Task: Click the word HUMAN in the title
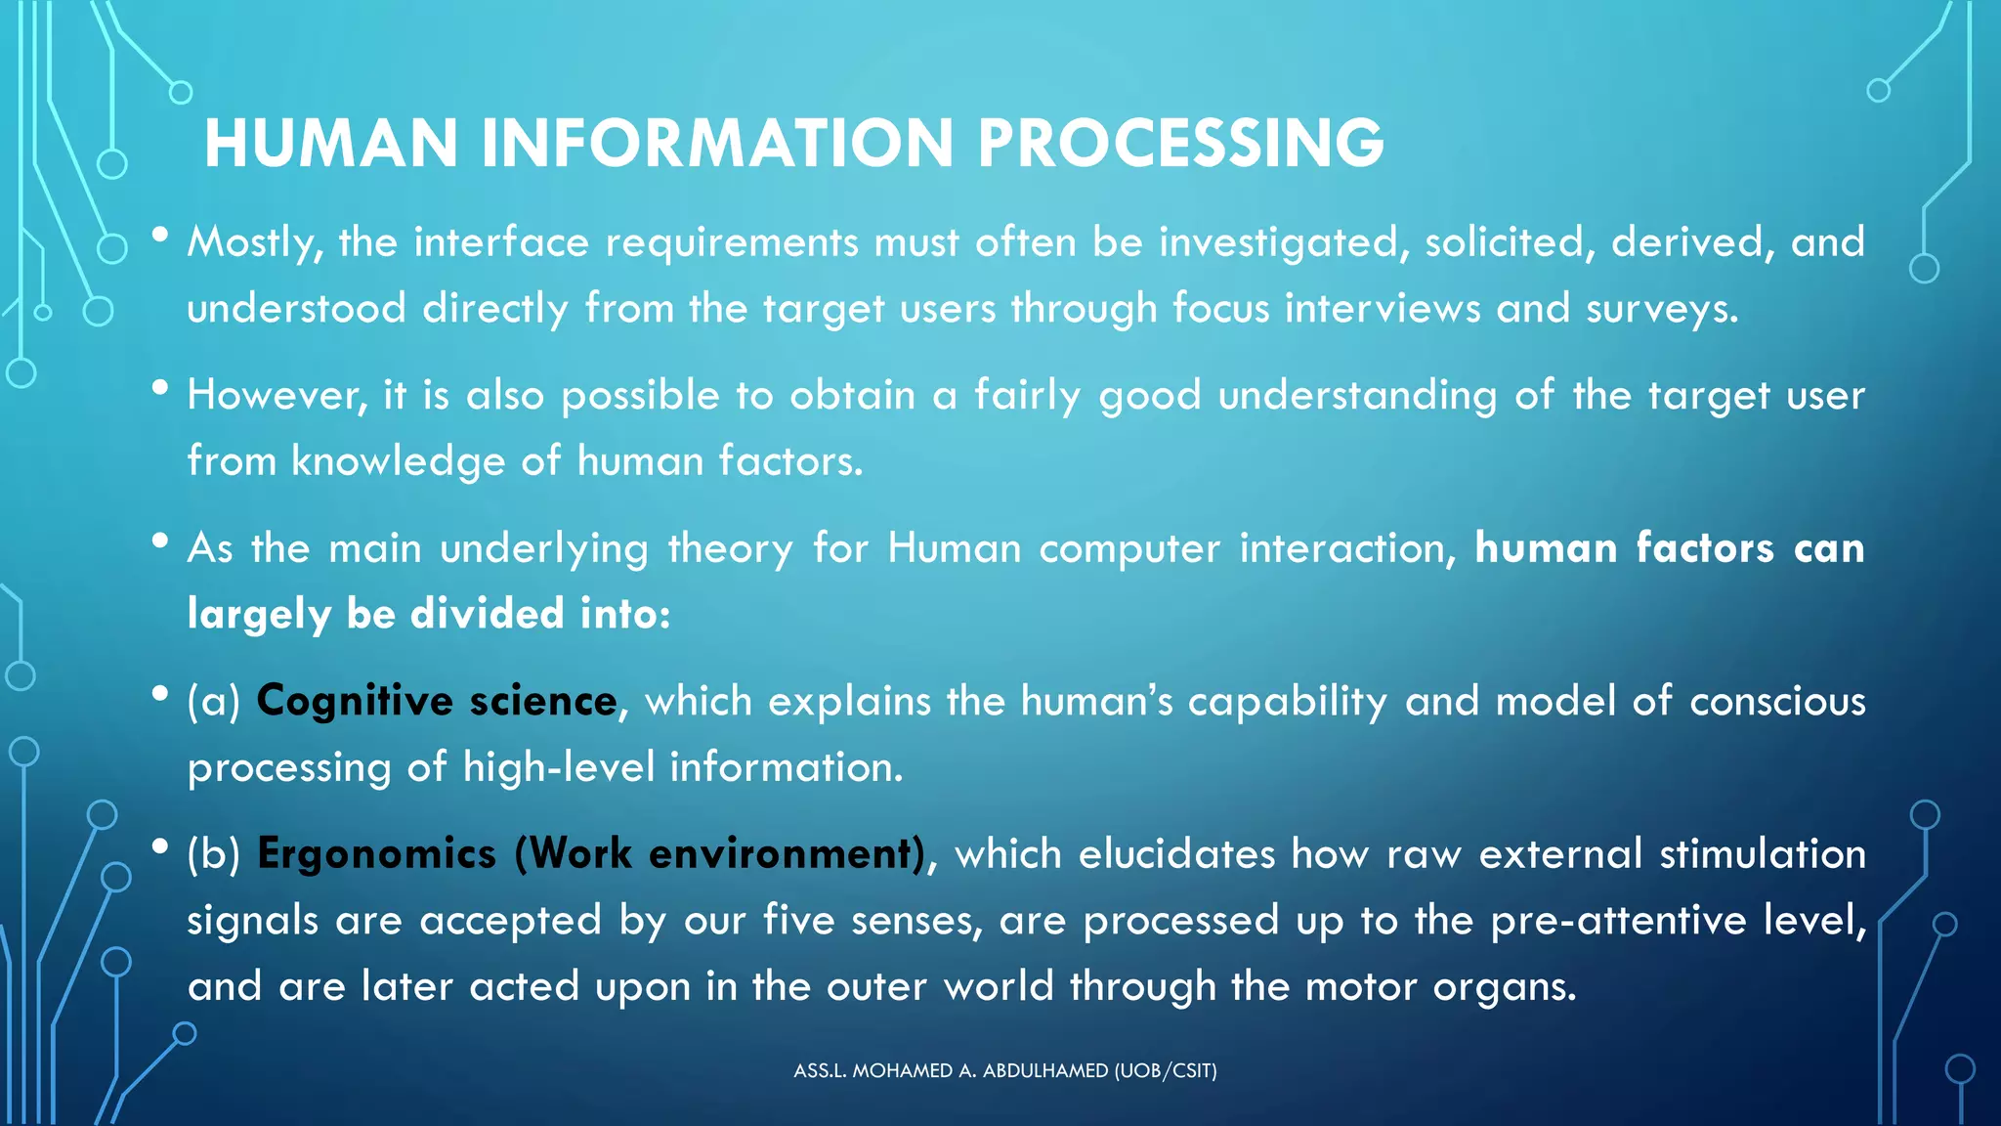point(330,143)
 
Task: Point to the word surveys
point(1662,309)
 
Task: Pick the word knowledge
point(398,460)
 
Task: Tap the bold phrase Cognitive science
point(437,702)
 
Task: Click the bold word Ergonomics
point(376,854)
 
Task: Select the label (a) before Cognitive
point(213,702)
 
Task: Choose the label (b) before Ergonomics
point(213,854)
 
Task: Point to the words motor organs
point(1440,986)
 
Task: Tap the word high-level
point(559,767)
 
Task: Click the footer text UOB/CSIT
point(1167,1070)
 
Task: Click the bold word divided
point(487,614)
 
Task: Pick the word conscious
point(1777,702)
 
